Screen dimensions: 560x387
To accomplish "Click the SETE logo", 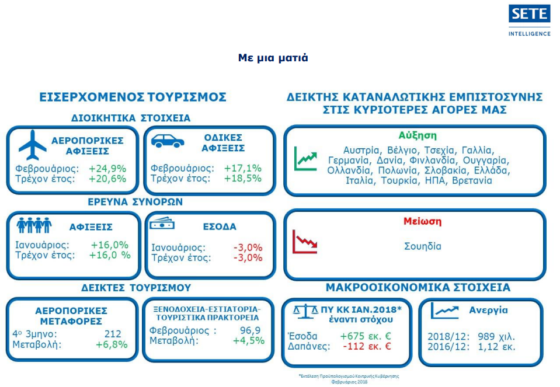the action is (x=529, y=20).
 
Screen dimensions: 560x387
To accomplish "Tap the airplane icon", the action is (x=33, y=145).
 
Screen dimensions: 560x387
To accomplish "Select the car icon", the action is (x=168, y=141).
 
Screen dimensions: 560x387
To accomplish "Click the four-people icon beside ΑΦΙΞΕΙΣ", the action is (x=34, y=225).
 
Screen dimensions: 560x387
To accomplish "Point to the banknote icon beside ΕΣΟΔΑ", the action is (x=162, y=224).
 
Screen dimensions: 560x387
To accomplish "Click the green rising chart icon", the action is (x=305, y=158).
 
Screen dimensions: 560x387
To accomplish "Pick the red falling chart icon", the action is (x=305, y=242).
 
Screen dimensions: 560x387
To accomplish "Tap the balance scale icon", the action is (x=305, y=311).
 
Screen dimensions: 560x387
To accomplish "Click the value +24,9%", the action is (x=107, y=169).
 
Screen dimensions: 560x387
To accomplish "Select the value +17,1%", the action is (x=243, y=168).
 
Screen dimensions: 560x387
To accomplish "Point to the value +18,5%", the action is (x=243, y=179).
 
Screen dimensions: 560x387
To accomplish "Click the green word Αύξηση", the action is (x=418, y=135).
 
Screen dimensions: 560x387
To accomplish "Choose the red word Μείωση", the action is (x=423, y=221).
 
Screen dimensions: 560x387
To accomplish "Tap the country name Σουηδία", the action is (x=423, y=246).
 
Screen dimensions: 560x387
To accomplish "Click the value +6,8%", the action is (x=112, y=344).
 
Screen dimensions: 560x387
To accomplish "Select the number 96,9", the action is (x=251, y=330).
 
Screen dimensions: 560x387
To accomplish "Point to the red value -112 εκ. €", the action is (x=367, y=346).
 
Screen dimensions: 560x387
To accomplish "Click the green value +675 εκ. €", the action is (x=366, y=336).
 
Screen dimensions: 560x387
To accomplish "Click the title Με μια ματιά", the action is (x=273, y=58).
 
